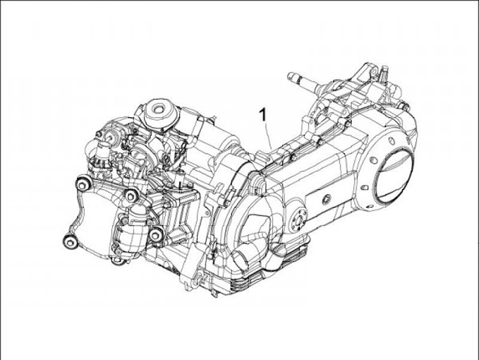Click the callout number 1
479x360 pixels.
click(x=263, y=114)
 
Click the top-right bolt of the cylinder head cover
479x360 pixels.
click(x=131, y=195)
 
